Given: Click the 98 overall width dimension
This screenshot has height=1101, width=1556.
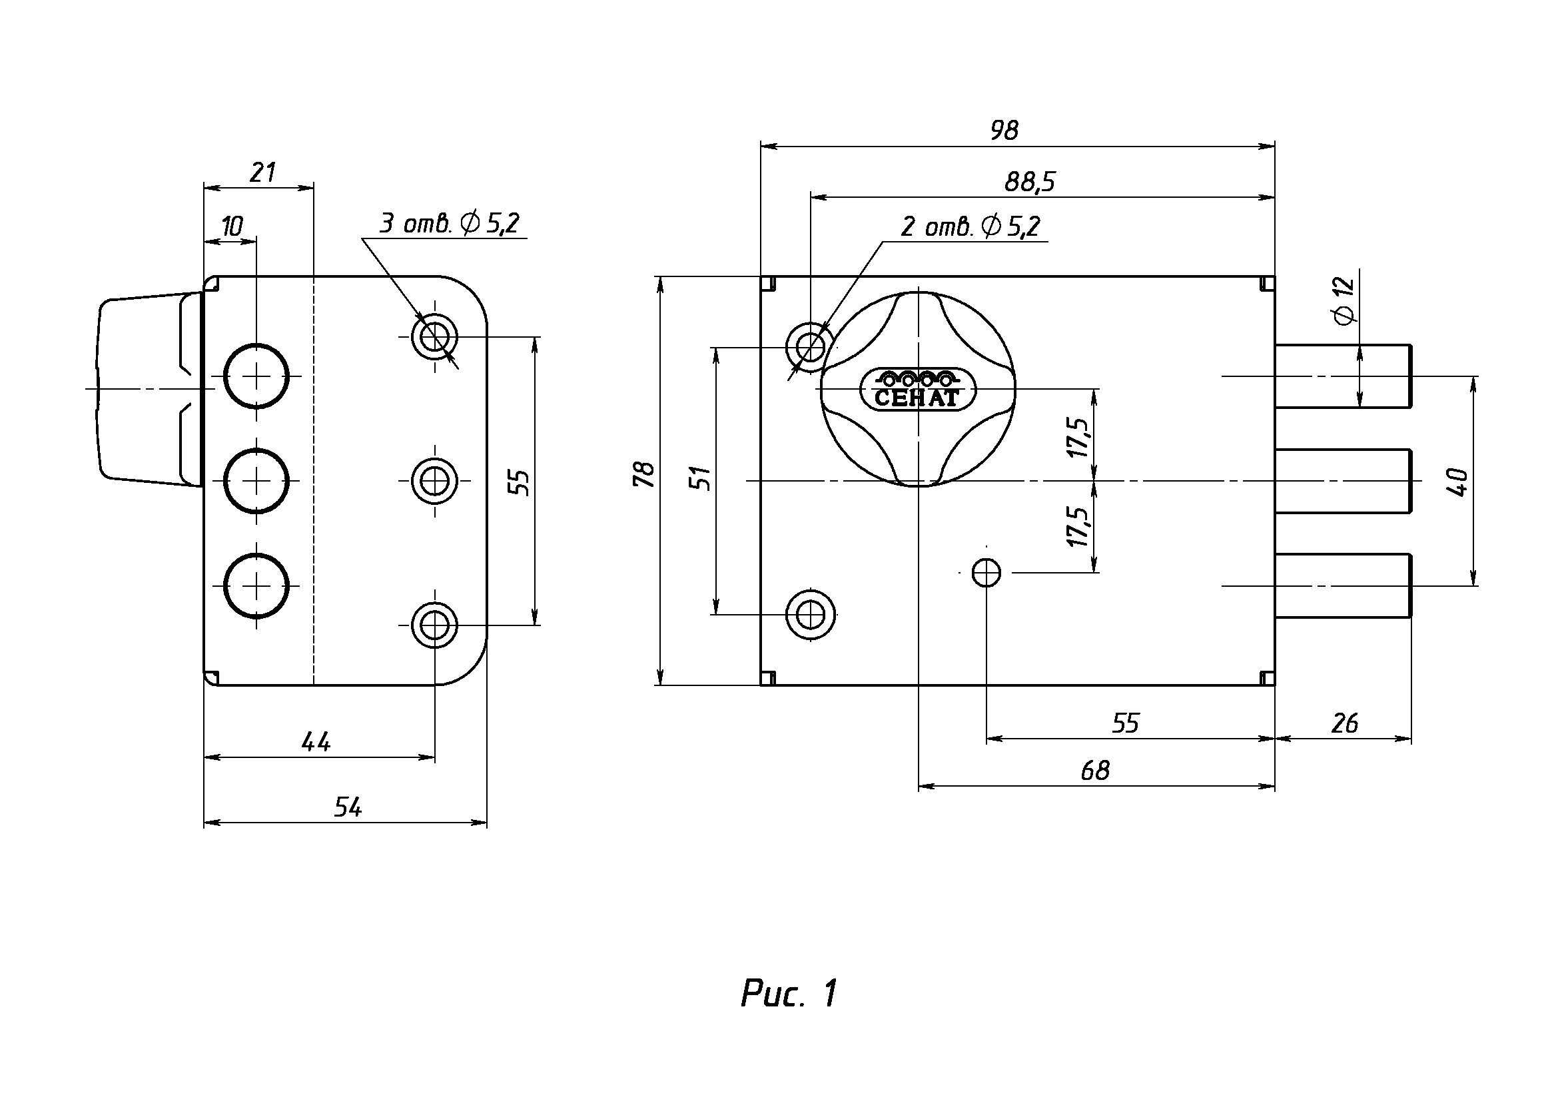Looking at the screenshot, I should (x=1004, y=130).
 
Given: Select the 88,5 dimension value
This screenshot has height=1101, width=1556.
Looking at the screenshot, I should (x=1030, y=182).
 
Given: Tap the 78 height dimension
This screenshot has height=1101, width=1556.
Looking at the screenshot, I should (x=644, y=474).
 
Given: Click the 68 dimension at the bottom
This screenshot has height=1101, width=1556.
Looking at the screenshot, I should (x=1095, y=770).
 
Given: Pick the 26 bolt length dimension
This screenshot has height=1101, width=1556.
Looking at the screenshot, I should (x=1344, y=723).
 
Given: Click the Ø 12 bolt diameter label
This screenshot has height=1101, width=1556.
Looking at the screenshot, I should (x=1343, y=302).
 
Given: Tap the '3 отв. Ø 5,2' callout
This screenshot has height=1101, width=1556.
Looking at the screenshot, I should (x=449, y=223).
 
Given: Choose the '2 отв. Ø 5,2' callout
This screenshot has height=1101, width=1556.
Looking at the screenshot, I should (x=970, y=226).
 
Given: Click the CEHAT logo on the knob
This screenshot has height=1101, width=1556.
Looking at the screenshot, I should (x=917, y=390).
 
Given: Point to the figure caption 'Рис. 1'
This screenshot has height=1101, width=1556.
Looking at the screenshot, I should (x=789, y=994).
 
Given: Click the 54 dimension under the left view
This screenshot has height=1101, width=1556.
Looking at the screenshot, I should (x=348, y=807).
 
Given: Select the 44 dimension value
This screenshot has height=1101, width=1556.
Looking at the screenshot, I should (x=316, y=742).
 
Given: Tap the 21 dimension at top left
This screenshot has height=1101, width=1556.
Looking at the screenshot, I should (x=262, y=173).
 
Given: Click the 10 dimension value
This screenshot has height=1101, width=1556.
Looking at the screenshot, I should (x=232, y=226).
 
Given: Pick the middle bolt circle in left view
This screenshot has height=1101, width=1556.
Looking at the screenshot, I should (x=256, y=481).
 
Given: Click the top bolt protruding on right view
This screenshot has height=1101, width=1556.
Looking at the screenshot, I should (x=1342, y=376).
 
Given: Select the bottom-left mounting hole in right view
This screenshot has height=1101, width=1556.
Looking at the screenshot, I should (x=810, y=615).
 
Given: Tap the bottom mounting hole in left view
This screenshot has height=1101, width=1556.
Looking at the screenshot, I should (x=434, y=624).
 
